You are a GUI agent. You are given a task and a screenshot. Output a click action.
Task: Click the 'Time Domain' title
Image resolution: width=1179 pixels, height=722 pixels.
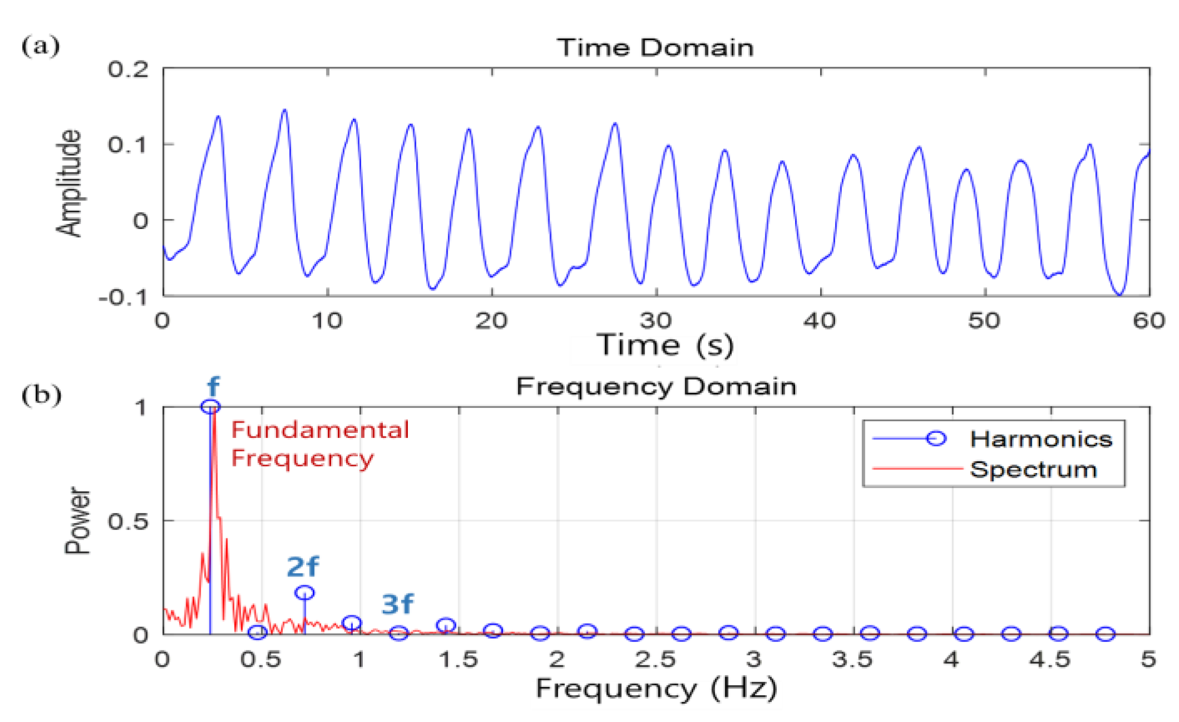655,48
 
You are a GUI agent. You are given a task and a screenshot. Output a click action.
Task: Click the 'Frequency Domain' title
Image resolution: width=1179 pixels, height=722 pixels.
656,386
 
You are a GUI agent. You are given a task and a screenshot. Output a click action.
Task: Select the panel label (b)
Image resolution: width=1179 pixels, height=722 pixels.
41,395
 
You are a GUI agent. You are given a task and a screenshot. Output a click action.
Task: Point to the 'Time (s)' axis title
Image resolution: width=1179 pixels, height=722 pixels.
665,345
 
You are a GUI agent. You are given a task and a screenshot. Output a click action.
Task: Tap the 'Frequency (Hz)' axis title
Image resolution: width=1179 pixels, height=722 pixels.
656,689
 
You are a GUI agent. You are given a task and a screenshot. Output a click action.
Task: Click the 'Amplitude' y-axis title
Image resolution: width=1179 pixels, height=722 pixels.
69,183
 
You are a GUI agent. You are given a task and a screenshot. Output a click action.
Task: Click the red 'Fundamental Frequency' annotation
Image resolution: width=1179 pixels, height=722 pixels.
319,444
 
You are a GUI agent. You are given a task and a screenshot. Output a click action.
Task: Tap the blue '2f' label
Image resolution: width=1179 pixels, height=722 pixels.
302,567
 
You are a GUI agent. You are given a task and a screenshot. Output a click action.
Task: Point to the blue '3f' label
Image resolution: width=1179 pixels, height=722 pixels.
397,604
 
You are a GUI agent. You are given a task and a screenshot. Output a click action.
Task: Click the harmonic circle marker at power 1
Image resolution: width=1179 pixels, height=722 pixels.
211,407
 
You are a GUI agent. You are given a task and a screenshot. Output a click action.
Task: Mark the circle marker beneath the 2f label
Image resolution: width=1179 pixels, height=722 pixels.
304,592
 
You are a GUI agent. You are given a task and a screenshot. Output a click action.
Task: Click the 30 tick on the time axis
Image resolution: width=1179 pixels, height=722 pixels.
656,321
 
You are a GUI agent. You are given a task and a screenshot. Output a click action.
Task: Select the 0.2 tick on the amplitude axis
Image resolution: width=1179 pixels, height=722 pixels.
128,69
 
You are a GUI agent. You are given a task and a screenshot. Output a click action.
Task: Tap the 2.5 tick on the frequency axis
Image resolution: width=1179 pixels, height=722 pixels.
656,660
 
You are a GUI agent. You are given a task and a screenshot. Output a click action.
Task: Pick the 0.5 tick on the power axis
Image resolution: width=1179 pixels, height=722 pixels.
128,521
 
